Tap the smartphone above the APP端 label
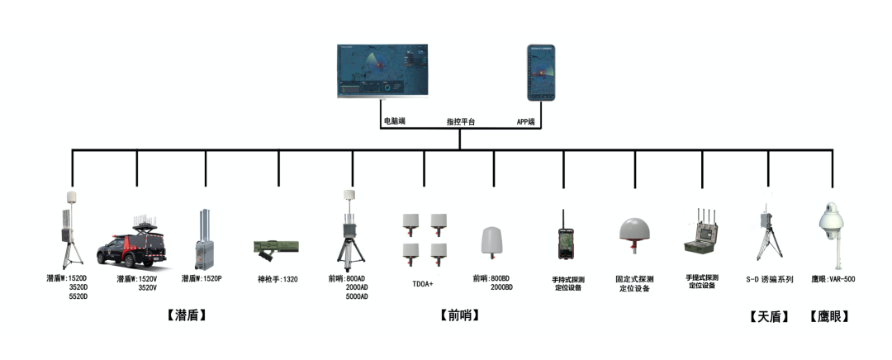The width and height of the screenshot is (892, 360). [541, 72]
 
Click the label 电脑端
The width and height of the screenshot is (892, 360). [394, 121]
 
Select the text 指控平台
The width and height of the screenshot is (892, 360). [461, 122]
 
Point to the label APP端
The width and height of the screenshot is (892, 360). [525, 121]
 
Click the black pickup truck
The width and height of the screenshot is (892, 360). [136, 244]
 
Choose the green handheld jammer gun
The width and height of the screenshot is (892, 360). [276, 246]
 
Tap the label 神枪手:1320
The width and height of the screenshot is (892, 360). [278, 279]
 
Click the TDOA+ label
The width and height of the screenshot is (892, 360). [424, 283]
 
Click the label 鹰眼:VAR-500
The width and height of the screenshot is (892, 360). [833, 279]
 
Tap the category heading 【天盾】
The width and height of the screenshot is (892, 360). [769, 316]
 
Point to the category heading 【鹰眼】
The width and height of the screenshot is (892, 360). [830, 316]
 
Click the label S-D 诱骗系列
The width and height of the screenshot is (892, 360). [769, 279]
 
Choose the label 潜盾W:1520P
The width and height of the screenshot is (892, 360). [202, 279]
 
